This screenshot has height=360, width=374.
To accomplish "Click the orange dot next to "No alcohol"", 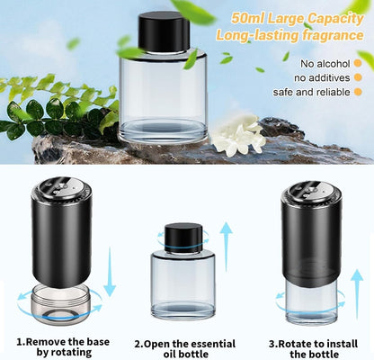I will pyautogui.click(x=358, y=63).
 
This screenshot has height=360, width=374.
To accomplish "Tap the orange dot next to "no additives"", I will pyautogui.click(x=358, y=77).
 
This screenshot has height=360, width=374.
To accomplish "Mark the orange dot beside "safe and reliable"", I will pyautogui.click(x=358, y=92).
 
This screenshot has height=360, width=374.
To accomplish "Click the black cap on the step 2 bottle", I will pyautogui.click(x=183, y=238).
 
